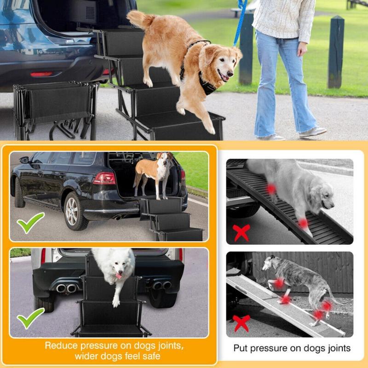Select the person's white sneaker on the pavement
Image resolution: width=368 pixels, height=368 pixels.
313,132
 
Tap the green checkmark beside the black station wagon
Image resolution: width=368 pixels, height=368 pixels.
31,222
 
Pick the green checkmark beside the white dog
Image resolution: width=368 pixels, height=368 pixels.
31,317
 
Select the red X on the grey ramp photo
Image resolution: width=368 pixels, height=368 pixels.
241,323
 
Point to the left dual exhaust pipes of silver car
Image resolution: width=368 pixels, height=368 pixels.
67,288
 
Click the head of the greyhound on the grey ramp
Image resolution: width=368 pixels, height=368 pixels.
268,264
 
